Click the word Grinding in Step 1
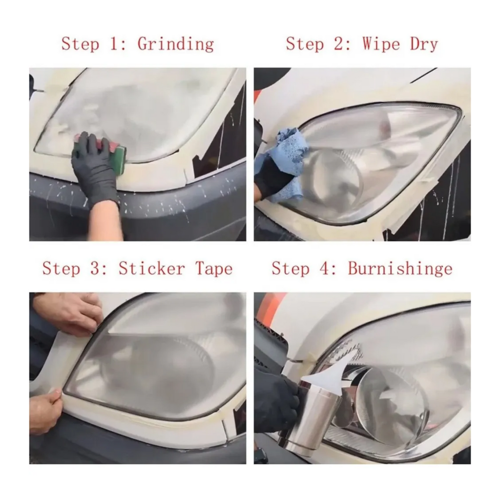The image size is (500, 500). [176, 44]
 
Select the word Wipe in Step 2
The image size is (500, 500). [381, 43]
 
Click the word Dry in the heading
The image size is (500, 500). [424, 44]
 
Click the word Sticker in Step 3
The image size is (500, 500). [151, 268]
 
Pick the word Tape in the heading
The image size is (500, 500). [214, 269]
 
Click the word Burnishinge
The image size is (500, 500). [400, 269]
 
